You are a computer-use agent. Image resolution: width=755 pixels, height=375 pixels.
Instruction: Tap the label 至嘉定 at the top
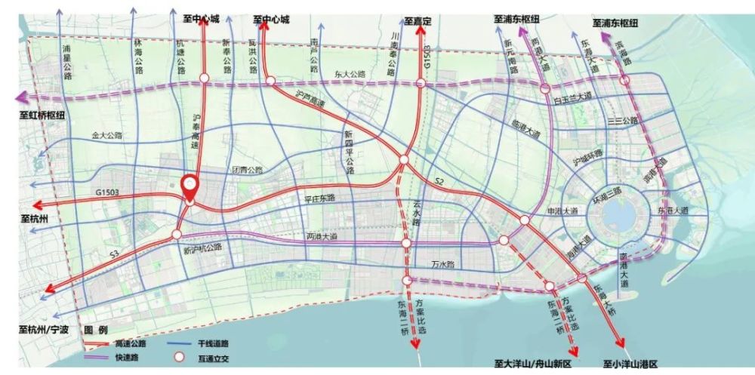click(x=417, y=20)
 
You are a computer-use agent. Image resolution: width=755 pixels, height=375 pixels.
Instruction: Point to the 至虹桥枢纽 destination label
click(x=42, y=116)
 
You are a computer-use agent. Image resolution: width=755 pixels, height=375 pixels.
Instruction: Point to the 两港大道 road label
click(x=322, y=236)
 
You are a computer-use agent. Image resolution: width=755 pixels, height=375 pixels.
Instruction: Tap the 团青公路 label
click(x=247, y=170)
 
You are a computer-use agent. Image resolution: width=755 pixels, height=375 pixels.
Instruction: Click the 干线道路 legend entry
click(x=200, y=343)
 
